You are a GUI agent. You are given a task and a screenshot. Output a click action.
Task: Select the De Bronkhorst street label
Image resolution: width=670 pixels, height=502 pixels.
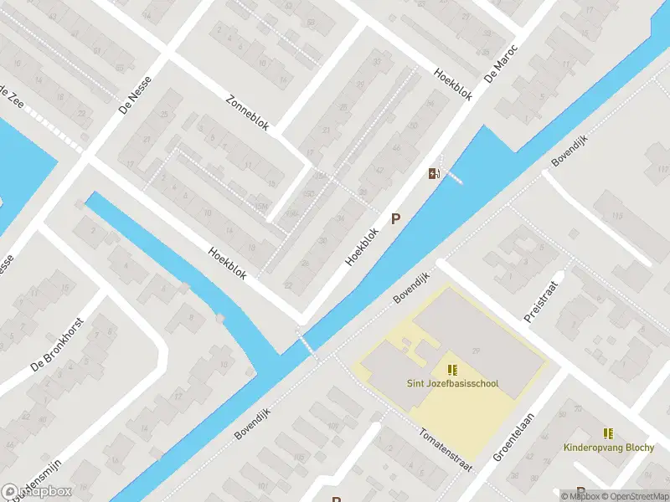57,346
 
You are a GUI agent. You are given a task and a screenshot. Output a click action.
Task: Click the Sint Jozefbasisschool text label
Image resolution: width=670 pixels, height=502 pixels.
453,384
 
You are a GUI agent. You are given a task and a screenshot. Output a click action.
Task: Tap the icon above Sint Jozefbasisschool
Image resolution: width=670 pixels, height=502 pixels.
453,369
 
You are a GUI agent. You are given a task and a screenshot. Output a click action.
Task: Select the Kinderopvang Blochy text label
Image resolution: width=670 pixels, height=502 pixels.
609,448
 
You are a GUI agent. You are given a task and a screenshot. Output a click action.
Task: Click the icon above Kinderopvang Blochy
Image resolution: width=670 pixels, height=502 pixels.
609,433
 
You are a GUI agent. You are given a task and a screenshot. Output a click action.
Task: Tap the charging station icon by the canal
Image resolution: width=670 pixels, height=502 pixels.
433,173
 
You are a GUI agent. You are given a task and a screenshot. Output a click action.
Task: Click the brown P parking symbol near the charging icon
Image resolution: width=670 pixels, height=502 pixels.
396,219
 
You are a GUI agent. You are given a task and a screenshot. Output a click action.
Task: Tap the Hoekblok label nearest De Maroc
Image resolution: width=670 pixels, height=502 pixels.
453,84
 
